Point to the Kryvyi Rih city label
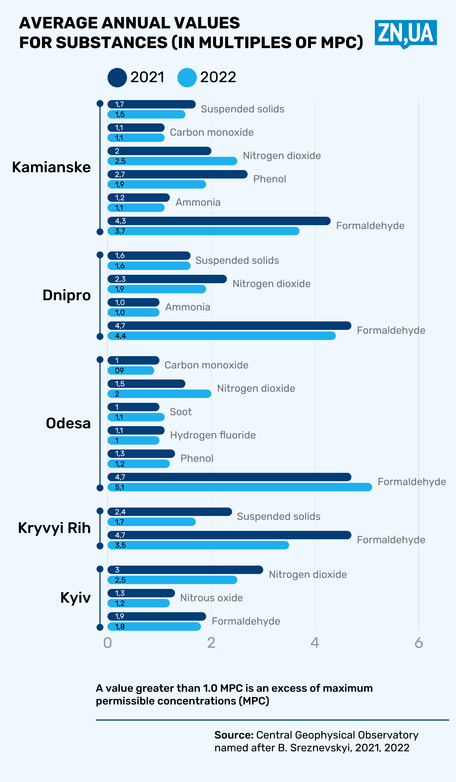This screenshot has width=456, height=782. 54,528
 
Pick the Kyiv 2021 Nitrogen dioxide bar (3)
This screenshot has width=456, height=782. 185,570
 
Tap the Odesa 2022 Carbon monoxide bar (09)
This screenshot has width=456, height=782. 131,371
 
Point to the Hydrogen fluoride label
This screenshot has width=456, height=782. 213,435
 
